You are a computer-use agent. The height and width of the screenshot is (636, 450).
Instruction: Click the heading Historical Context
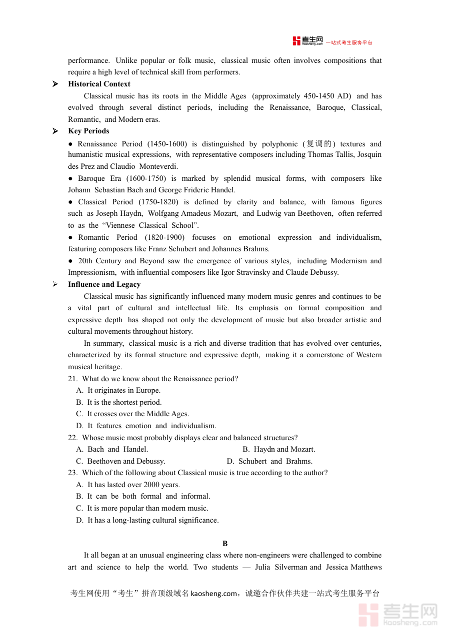(x=99, y=84)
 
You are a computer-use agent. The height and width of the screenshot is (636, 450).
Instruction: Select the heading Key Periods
(x=88, y=131)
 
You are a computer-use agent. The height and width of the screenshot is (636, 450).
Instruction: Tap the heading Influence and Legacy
(x=104, y=284)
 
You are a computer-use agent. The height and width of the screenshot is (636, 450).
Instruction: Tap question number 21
(x=72, y=379)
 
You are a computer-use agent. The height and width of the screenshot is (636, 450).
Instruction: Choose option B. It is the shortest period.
(x=119, y=402)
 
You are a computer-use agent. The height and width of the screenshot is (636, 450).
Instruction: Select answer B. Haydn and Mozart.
(x=279, y=449)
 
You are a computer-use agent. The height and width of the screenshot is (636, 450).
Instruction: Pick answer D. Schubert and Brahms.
(x=269, y=461)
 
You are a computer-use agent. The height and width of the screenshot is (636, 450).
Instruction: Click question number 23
(x=72, y=473)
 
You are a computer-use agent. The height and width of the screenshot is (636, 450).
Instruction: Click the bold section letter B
(x=225, y=544)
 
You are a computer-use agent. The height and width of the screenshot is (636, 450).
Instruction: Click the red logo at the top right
(x=308, y=41)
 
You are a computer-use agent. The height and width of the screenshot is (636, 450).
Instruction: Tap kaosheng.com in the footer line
(x=213, y=594)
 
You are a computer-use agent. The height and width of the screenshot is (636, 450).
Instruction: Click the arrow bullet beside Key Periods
(x=55, y=131)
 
